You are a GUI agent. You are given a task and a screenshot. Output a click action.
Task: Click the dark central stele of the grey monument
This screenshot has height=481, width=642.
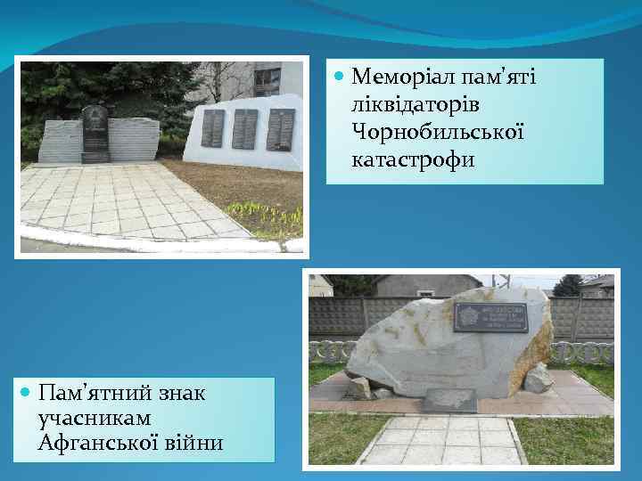tap(95, 134)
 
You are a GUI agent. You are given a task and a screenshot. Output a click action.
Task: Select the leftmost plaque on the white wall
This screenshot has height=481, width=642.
tap(212, 128)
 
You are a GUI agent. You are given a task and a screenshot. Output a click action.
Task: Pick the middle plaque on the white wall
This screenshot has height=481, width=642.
tap(244, 129)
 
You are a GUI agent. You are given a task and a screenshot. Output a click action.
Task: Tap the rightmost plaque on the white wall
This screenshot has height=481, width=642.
tap(280, 129)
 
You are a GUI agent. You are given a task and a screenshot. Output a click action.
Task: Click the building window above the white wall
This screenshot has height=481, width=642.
tap(267, 81)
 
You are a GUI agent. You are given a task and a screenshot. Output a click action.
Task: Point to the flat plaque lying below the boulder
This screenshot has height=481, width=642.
tap(449, 401)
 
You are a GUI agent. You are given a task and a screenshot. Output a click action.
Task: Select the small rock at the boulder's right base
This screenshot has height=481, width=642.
tap(538, 379)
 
